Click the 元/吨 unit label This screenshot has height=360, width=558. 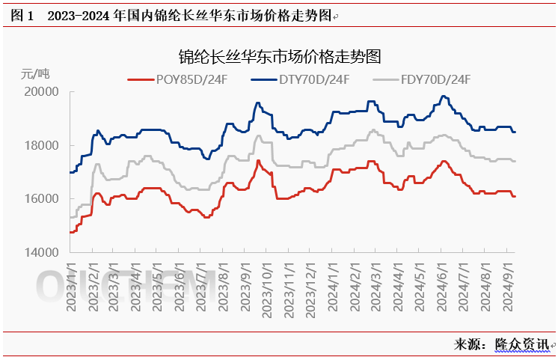click(x=35, y=73)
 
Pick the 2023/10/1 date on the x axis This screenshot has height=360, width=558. click(x=266, y=287)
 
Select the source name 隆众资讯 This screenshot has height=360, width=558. click(x=521, y=344)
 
